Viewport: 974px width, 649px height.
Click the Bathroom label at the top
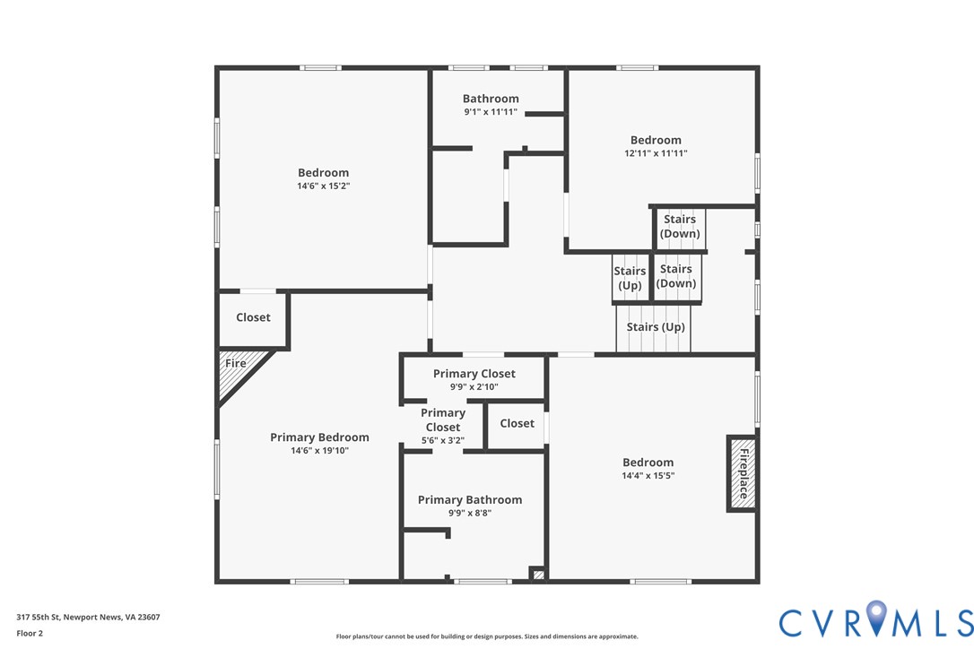[x=491, y=99]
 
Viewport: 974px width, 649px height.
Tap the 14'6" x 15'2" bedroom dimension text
[x=323, y=186]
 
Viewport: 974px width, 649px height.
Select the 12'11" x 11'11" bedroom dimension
[x=656, y=153]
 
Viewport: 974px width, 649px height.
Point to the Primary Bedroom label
[x=319, y=437]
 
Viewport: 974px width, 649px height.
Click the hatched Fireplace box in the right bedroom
[x=743, y=473]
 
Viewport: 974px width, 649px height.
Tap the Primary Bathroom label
[x=470, y=500]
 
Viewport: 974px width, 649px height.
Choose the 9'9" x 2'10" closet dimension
[x=474, y=387]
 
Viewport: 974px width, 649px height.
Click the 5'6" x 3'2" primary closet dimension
[x=443, y=440]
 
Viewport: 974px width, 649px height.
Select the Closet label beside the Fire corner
[x=253, y=317]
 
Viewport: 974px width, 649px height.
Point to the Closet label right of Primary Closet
[x=517, y=424]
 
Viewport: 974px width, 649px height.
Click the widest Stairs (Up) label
[x=656, y=327]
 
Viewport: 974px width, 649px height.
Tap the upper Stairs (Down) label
[x=680, y=226]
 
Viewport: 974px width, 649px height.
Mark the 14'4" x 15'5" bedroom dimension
[x=648, y=476]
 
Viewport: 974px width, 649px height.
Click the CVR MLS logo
[x=876, y=619]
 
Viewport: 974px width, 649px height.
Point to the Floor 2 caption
[x=30, y=634]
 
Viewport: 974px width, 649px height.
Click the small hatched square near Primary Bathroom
[x=538, y=575]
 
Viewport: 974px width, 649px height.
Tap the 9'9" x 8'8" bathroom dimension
[x=470, y=513]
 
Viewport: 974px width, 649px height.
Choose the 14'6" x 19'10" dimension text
[x=319, y=451]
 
